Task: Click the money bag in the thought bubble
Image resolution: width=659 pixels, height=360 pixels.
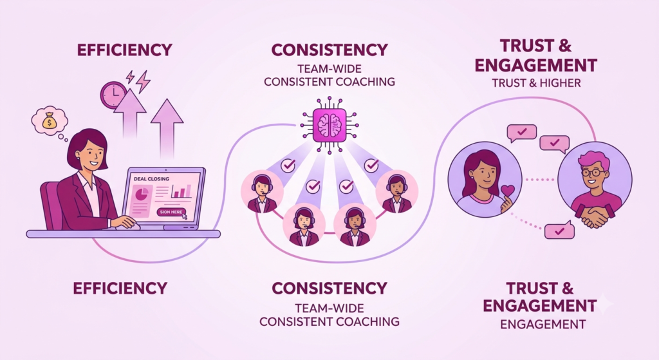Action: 50,120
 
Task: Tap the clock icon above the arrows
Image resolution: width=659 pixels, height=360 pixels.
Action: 113,95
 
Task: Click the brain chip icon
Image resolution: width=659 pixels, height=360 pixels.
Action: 329,125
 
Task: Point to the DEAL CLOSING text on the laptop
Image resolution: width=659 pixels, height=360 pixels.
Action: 151,179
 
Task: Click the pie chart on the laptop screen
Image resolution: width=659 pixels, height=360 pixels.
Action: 142,194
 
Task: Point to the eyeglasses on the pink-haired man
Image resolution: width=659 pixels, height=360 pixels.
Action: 594,173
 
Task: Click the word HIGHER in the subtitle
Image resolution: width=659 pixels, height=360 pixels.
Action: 560,83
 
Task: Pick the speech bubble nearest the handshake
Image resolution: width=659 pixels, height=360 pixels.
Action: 559,231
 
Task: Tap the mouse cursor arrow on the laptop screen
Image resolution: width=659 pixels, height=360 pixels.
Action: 184,215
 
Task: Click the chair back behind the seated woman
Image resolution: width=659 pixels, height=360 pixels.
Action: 50,205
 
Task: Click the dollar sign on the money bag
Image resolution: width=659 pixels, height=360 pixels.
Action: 50,123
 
